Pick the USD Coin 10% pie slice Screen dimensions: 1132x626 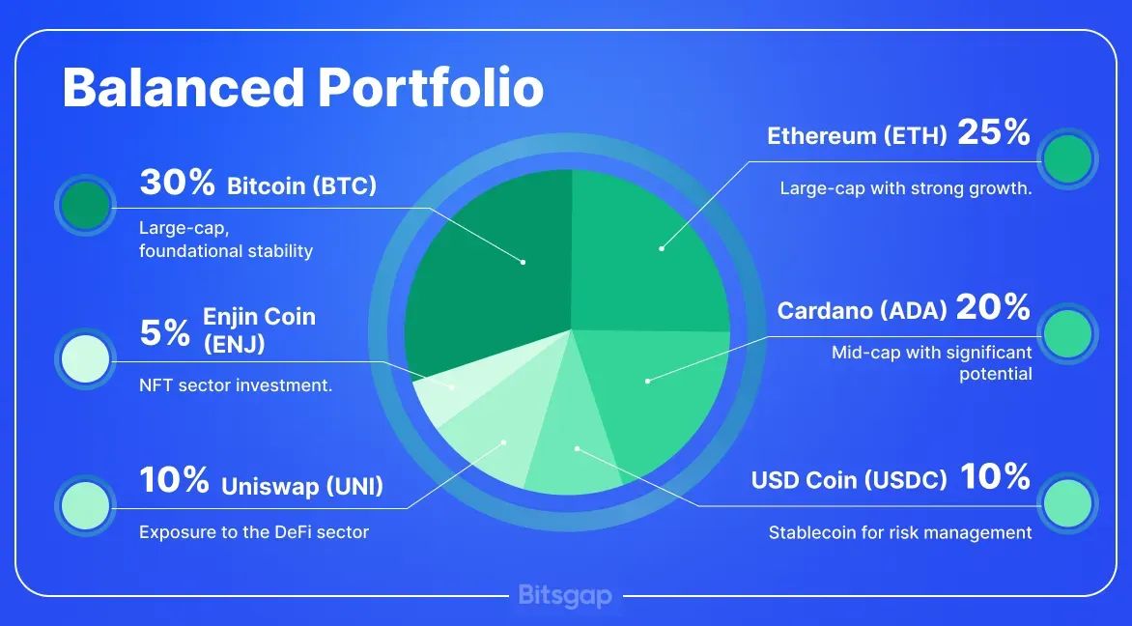click(x=574, y=447)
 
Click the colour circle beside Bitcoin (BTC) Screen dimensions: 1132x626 click(x=85, y=205)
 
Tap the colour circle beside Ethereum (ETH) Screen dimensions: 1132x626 click(x=1067, y=158)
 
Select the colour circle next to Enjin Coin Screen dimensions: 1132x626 click(x=85, y=358)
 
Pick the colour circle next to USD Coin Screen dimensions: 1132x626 click(x=1067, y=503)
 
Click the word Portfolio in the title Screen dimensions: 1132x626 click(x=430, y=88)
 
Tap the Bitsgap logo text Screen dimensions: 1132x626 click(x=565, y=596)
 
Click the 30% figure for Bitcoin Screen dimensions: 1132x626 click(x=177, y=182)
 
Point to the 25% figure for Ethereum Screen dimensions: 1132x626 click(x=993, y=132)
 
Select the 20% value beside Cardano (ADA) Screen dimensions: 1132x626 click(x=993, y=307)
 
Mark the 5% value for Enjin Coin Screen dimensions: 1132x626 click(x=164, y=333)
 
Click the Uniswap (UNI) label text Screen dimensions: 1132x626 click(x=301, y=486)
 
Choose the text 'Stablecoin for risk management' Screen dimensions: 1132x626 click(x=900, y=533)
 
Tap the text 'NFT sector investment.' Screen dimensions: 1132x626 click(x=236, y=385)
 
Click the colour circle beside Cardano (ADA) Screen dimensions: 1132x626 click(x=1067, y=333)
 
